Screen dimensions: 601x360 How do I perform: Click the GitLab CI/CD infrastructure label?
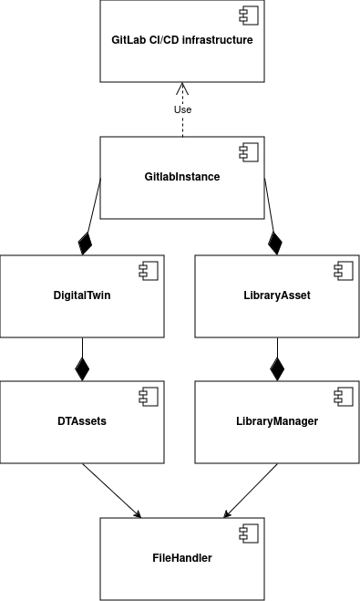181,40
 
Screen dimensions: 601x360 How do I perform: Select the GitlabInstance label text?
181,177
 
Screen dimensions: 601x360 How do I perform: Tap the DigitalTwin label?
82,295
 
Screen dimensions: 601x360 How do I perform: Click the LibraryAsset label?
277,295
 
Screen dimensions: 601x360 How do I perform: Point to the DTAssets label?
82,422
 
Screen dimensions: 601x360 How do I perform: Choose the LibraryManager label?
277,422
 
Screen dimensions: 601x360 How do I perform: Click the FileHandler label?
181,557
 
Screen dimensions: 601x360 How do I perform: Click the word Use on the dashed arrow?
182,109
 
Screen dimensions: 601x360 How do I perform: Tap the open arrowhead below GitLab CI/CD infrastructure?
182,89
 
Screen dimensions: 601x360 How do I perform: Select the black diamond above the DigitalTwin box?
86,244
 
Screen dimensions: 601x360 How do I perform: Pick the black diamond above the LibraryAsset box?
274,244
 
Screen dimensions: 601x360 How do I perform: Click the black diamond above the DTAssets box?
82,369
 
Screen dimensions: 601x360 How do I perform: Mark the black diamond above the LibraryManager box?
277,369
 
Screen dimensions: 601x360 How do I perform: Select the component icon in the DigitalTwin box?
149,270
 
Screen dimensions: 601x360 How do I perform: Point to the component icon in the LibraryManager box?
345,396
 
